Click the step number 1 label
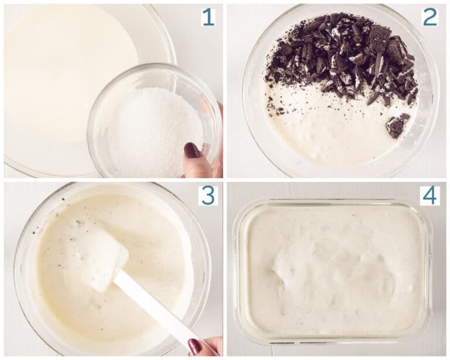pyautogui.click(x=208, y=16)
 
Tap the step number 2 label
pyautogui.click(x=430, y=16)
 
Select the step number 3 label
pyautogui.click(x=208, y=195)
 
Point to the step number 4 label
pyautogui.click(x=429, y=195)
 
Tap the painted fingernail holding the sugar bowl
pyautogui.click(x=192, y=151)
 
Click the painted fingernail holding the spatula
pyautogui.click(x=195, y=347)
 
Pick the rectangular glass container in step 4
pyautogui.click(x=333, y=271)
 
